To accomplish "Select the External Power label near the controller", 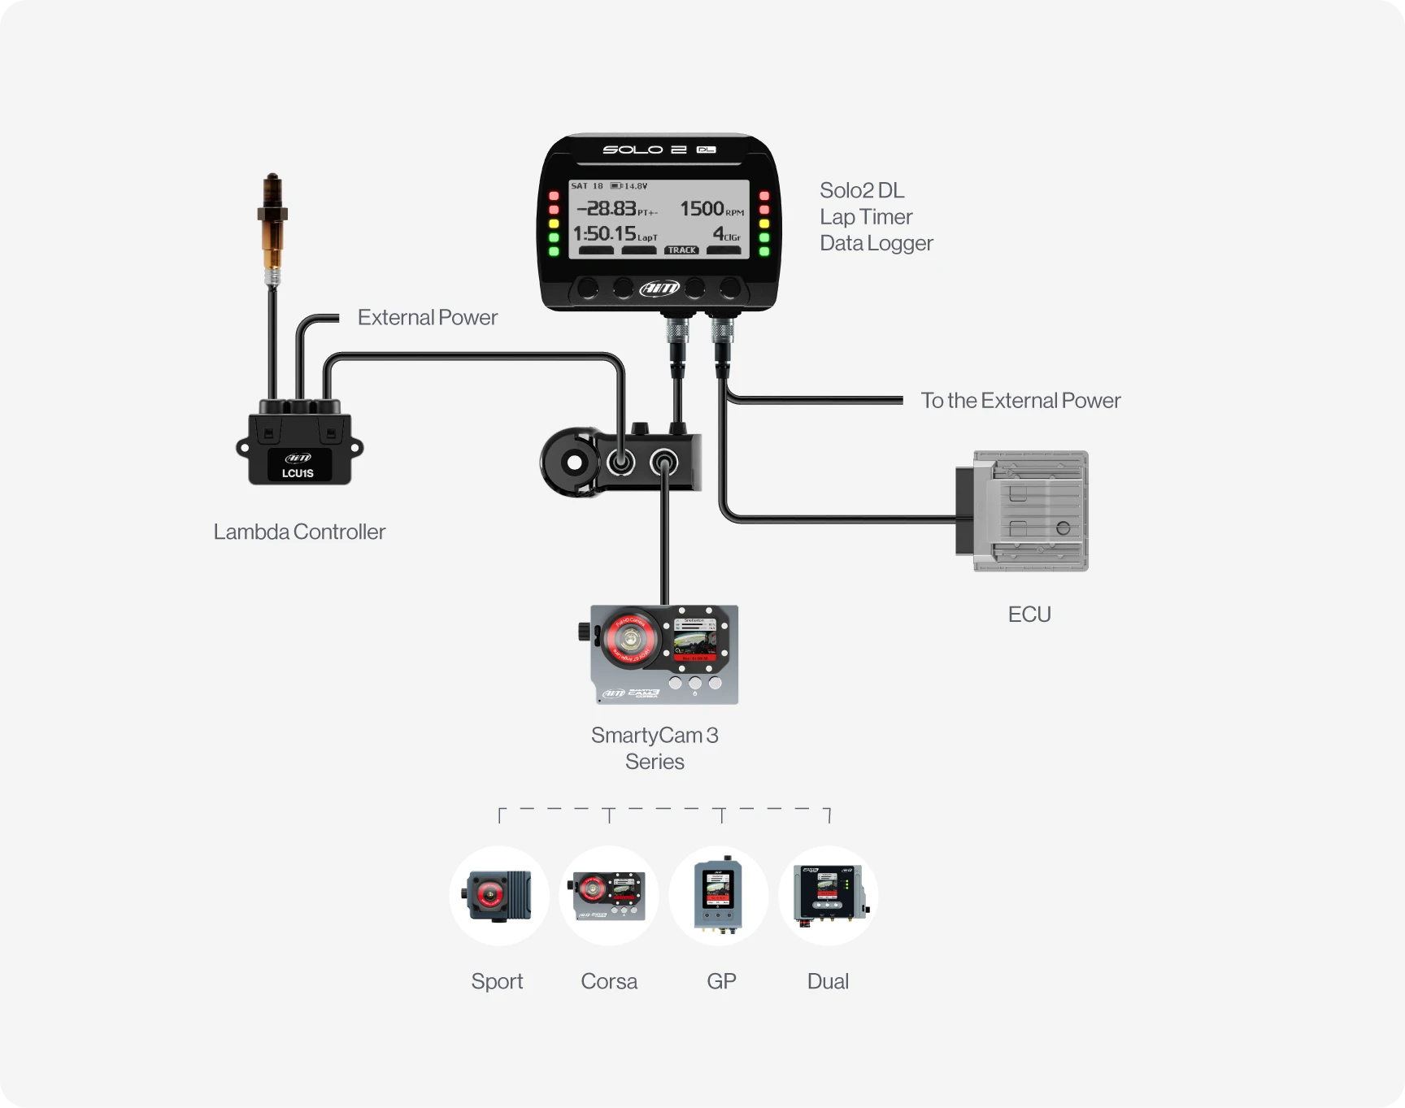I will [x=427, y=318].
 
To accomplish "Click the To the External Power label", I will [x=1020, y=401].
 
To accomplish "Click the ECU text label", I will [x=1029, y=615].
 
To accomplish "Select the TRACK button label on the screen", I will [x=682, y=250].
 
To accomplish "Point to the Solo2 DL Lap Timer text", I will [x=875, y=217].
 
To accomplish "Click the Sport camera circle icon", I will [x=499, y=896].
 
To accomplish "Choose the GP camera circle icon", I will [x=719, y=896].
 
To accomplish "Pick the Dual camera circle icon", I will [x=829, y=896].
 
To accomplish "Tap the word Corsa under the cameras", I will [x=609, y=981].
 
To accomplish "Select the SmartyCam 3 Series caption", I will [x=655, y=748].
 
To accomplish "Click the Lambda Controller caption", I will [x=299, y=532].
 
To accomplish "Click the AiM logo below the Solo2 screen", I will [x=659, y=288].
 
